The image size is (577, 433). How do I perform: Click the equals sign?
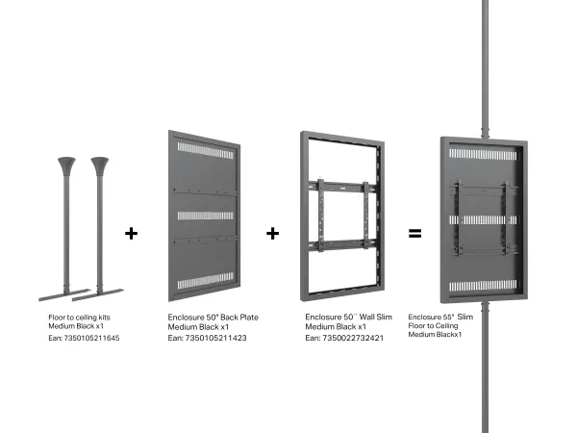click(x=414, y=233)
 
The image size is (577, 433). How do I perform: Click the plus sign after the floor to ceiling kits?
click(x=131, y=234)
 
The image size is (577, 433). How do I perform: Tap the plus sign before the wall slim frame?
click(x=272, y=234)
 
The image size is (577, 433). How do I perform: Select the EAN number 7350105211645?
click(x=91, y=338)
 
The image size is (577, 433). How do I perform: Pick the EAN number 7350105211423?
click(x=215, y=338)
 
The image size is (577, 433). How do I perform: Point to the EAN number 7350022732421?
click(x=353, y=338)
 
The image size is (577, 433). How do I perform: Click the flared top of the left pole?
click(x=66, y=166)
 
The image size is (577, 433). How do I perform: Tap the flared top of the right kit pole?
click(x=100, y=166)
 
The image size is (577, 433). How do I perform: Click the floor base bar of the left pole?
click(x=64, y=295)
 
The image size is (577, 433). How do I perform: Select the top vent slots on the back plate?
click(x=206, y=151)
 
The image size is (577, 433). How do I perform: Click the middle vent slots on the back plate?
click(x=206, y=216)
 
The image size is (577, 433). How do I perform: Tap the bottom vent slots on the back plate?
click(x=206, y=281)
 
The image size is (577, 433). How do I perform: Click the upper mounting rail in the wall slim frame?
click(x=342, y=187)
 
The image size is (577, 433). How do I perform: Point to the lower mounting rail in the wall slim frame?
click(x=342, y=244)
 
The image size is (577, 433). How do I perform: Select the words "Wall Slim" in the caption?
click(x=376, y=317)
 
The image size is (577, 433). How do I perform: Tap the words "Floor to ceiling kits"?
click(x=79, y=318)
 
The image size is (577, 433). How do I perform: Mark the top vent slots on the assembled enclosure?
click(x=483, y=154)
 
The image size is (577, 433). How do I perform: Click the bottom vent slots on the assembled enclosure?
click(x=483, y=286)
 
